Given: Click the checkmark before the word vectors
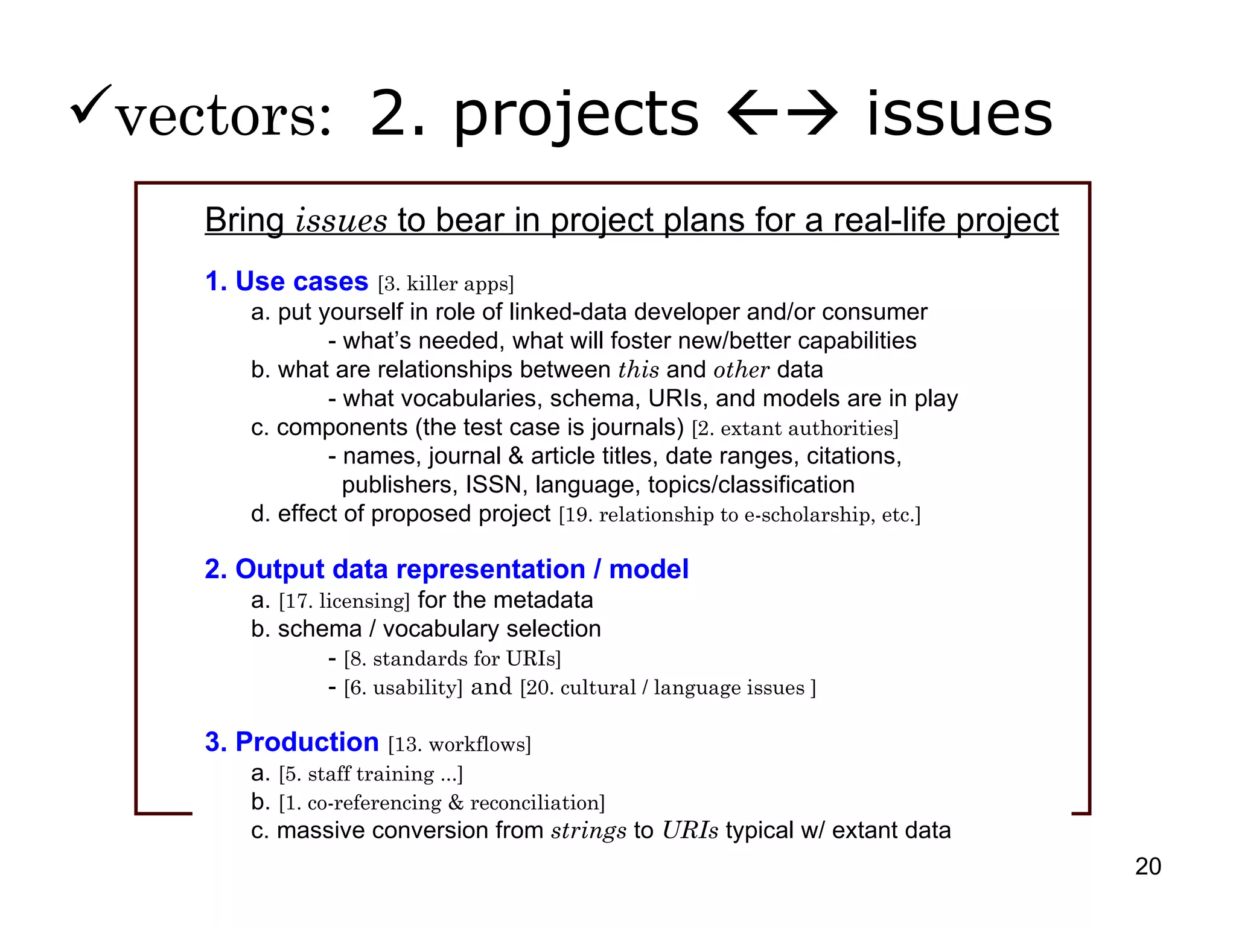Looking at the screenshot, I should click(91, 104).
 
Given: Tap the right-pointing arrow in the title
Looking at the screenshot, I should click(812, 113).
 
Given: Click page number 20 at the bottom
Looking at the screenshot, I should click(1147, 867).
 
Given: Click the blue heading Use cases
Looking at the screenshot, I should click(287, 281).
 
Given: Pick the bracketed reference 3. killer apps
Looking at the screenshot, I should click(445, 284).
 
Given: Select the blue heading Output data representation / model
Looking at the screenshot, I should click(447, 569).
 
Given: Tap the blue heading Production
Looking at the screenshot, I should click(292, 742).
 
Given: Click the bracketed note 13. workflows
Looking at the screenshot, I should click(459, 744).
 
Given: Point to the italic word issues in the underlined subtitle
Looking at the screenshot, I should click(341, 220).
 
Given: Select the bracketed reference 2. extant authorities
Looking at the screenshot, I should click(795, 428).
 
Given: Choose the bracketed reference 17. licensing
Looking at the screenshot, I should click(344, 601).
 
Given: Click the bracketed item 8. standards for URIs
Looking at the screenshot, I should click(452, 658).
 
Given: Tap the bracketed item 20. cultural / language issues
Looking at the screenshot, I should click(667, 687).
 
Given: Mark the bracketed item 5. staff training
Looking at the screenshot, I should click(371, 774).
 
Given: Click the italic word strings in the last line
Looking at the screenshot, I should click(588, 831).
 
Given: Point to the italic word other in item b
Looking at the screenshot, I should click(741, 370).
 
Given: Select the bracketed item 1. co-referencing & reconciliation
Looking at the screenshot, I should click(442, 803).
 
